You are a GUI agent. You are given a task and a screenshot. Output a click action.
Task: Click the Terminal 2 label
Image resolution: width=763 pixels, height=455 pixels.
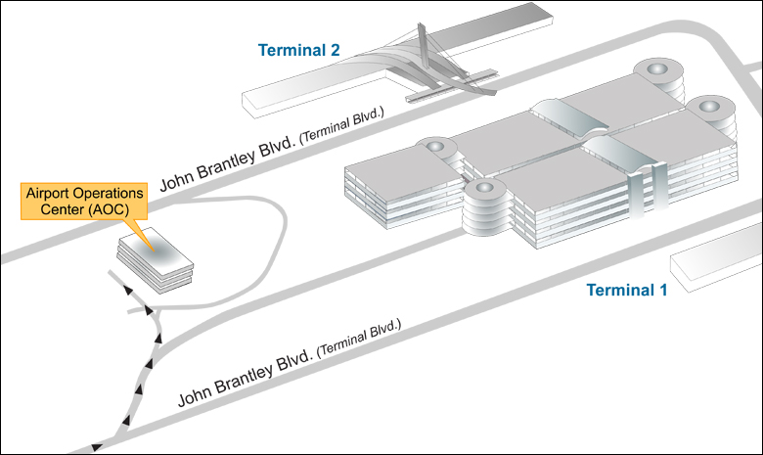(298, 50)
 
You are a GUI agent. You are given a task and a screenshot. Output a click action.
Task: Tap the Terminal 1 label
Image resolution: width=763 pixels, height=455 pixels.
(626, 290)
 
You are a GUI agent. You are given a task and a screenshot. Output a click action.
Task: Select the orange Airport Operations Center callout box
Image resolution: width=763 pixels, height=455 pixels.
(84, 202)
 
